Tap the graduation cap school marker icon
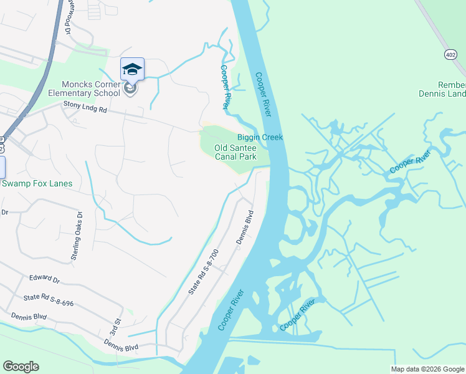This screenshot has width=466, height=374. (132, 69)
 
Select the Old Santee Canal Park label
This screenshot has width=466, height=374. (235, 152)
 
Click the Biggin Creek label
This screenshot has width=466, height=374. (260, 137)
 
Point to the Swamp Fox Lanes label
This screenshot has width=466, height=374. (37, 183)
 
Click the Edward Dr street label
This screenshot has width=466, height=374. (44, 279)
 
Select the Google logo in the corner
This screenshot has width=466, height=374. (21, 367)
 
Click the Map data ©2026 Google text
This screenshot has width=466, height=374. (427, 369)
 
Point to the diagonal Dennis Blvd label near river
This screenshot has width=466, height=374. (245, 230)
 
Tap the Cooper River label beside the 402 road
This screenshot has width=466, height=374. (409, 161)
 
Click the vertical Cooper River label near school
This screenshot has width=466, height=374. (226, 88)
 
